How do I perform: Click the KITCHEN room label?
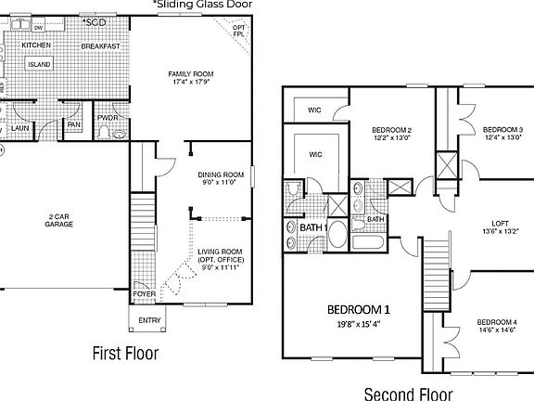click(36, 45)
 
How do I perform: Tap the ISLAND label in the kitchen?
click(38, 65)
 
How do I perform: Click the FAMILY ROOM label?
click(190, 73)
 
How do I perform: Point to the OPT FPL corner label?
click(238, 32)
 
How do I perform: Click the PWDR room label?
click(107, 119)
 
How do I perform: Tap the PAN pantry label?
click(73, 123)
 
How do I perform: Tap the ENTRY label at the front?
click(149, 321)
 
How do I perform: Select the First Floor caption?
click(125, 354)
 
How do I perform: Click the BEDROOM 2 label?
click(391, 129)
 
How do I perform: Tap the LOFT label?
click(498, 223)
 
